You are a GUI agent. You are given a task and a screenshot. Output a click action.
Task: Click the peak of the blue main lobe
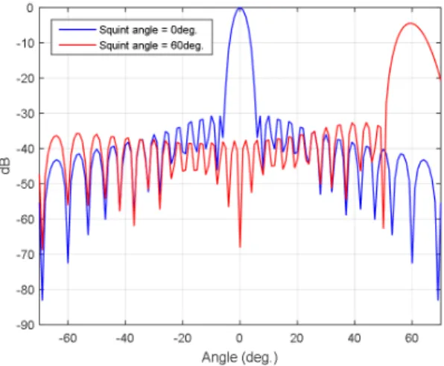point(240,8)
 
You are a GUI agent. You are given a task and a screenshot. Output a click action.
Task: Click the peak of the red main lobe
point(410,23)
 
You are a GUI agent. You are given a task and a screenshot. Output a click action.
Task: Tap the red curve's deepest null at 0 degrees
point(240,247)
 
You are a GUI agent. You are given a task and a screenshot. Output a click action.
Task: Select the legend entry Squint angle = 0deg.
point(148,30)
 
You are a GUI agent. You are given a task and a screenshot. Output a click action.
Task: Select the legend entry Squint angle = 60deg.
point(151,45)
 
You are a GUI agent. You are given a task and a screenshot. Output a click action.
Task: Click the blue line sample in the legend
point(77,30)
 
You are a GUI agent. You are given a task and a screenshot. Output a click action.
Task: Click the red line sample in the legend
point(77,45)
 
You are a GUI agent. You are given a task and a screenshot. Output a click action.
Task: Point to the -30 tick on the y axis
point(26,114)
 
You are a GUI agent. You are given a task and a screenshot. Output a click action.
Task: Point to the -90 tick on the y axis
point(26,325)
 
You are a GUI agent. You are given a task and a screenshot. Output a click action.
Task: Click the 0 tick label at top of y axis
point(30,8)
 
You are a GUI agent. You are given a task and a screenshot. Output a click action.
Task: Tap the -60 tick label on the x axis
point(68,338)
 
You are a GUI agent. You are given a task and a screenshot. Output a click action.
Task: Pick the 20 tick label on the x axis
point(296,338)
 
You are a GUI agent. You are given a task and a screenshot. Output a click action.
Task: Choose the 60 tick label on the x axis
point(411,338)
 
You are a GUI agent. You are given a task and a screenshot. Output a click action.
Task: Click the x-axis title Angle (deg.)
point(240,357)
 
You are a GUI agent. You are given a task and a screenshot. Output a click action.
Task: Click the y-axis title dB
point(6,166)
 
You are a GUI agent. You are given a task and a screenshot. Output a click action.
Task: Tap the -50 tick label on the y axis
point(26,184)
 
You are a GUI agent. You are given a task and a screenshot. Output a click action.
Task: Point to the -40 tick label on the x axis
point(125,338)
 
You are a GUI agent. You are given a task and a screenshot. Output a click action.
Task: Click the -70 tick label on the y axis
point(26,254)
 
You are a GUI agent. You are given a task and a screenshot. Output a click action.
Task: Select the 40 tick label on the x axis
point(354,338)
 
